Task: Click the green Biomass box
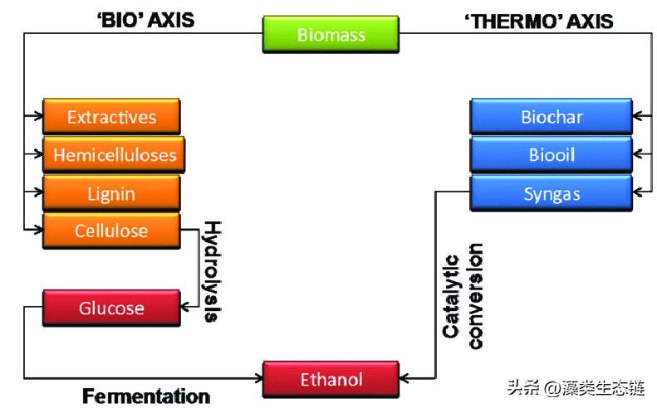point(331,35)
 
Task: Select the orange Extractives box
point(111,117)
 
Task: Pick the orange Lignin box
point(111,193)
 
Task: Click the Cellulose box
point(111,231)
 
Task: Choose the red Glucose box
point(111,308)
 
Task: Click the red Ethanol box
point(331,380)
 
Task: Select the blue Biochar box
point(552,117)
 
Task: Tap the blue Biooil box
point(552,155)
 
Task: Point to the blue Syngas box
point(552,194)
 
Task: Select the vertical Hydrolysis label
point(213,271)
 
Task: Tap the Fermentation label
point(146,396)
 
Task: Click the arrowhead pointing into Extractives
point(37,117)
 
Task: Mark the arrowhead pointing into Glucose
point(186,308)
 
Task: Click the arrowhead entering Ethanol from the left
point(257,380)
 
